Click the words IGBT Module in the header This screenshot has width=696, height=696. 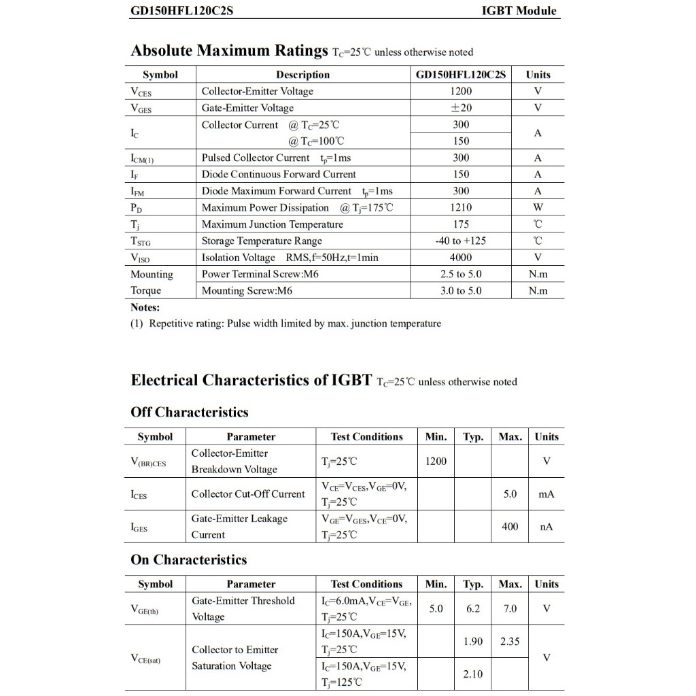pyautogui.click(x=519, y=11)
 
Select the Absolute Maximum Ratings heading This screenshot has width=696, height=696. pyautogui.click(x=229, y=51)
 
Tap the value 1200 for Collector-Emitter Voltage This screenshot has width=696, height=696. pyautogui.click(x=461, y=91)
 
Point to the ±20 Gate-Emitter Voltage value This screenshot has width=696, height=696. pyautogui.click(x=461, y=108)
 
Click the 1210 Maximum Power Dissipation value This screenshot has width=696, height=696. pyautogui.click(x=461, y=207)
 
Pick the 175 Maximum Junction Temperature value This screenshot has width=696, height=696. pyautogui.click(x=461, y=224)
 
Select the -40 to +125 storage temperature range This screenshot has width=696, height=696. pyautogui.click(x=461, y=241)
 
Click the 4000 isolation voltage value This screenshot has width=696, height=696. pyautogui.click(x=461, y=258)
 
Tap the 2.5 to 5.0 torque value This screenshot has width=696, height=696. pyautogui.click(x=461, y=274)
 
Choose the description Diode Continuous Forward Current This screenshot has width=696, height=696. pyautogui.click(x=279, y=175)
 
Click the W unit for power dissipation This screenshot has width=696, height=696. pyautogui.click(x=538, y=207)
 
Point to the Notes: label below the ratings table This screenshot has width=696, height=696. pyautogui.click(x=145, y=307)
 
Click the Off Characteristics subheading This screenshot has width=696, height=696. pyautogui.click(x=190, y=413)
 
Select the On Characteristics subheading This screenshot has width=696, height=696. pyautogui.click(x=189, y=560)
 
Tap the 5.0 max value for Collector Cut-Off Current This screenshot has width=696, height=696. pyautogui.click(x=510, y=494)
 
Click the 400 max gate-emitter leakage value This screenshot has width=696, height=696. pyautogui.click(x=510, y=527)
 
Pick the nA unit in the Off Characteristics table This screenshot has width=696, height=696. pyautogui.click(x=546, y=527)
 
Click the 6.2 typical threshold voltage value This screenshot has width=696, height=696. pyautogui.click(x=473, y=609)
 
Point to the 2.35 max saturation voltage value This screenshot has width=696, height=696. pyautogui.click(x=510, y=642)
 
